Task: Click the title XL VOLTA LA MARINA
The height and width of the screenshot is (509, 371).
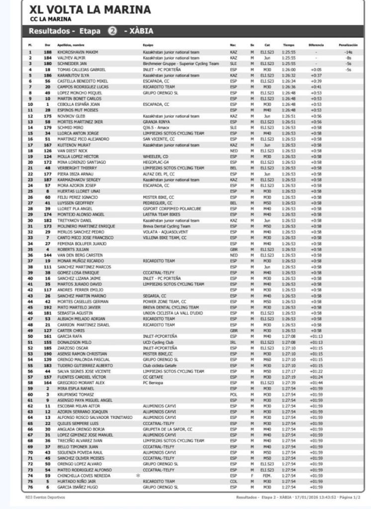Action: (90, 9)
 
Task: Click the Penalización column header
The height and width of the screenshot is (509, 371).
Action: (348, 45)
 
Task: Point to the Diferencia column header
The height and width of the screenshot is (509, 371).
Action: (316, 45)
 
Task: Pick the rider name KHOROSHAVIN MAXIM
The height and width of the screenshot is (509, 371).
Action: (78, 52)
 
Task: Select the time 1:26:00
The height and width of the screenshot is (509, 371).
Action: (288, 70)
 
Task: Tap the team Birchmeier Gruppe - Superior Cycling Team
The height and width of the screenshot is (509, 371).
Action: (181, 64)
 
